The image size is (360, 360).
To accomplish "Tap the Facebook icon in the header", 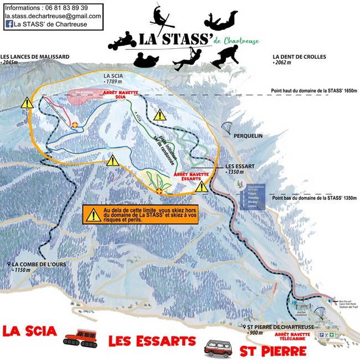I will tap(9, 24).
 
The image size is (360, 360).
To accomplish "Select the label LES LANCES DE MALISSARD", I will tap(35, 56).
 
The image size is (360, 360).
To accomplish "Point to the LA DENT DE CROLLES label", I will tap(300, 56).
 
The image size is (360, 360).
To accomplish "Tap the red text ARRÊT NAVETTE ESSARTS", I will tap(191, 176).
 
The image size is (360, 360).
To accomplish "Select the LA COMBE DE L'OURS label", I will tap(40, 264).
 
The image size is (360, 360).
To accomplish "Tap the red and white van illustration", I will tap(217, 348).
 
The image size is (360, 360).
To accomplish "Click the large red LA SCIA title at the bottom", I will tap(30, 331).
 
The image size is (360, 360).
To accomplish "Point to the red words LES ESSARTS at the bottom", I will tap(152, 341).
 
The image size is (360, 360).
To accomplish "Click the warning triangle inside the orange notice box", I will tap(93, 215).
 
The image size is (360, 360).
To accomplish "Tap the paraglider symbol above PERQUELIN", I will tap(227, 128).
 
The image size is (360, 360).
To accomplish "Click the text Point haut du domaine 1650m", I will tap(313, 90).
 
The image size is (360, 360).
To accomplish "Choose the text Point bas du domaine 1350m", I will tap(313, 198).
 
